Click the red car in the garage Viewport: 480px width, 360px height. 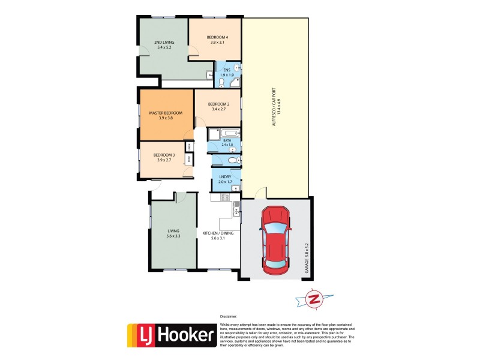276,239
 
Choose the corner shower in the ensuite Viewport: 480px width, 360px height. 236,68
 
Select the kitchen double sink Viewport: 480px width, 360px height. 236,210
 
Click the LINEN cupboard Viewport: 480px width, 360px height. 189,146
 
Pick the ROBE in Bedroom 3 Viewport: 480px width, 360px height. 189,159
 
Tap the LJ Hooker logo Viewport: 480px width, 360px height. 172,336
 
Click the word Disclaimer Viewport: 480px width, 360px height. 229,316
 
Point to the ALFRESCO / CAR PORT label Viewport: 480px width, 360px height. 275,108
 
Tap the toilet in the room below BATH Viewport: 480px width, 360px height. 233,161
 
